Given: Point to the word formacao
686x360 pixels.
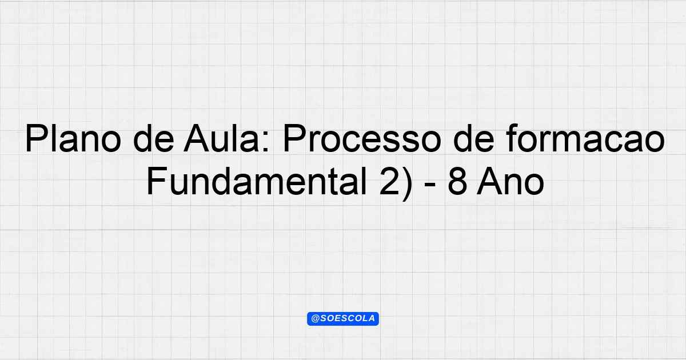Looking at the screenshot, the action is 585,138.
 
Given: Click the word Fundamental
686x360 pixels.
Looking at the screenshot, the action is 257,181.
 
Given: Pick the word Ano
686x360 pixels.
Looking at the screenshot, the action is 510,181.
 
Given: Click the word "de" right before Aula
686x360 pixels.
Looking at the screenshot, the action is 154,138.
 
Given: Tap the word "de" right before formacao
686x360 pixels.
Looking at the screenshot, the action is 474,138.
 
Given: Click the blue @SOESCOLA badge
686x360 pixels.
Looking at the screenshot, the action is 343,319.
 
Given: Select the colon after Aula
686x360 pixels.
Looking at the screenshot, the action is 266,142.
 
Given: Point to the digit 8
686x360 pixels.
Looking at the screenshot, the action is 458,181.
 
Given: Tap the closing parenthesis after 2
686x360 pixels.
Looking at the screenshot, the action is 407,183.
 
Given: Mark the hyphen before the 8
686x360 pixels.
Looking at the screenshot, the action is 430,185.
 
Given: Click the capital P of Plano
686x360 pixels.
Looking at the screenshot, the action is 37,138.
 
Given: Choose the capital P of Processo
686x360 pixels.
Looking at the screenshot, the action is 294,138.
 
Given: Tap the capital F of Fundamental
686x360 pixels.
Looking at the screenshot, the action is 157,181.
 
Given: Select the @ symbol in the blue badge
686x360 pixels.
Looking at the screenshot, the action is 315,319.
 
